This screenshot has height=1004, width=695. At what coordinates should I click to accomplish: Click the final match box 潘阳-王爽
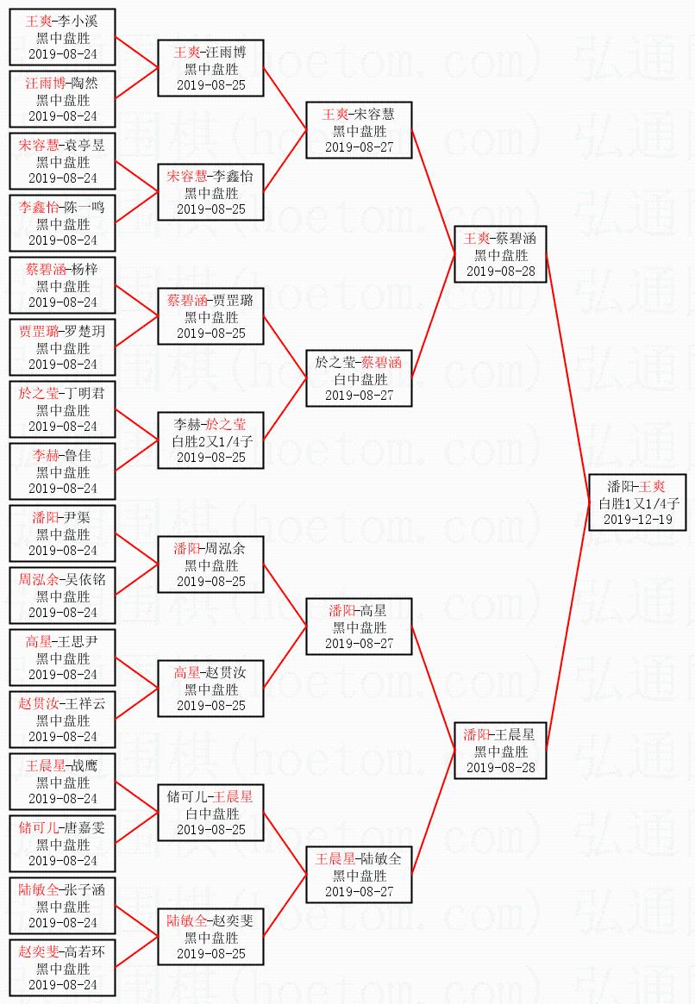click(x=636, y=502)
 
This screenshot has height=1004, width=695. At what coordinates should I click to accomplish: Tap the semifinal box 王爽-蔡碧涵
click(x=500, y=254)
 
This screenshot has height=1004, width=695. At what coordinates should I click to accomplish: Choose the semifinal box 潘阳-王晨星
click(x=500, y=751)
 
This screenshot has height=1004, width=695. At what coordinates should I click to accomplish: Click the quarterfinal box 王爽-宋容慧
click(x=359, y=130)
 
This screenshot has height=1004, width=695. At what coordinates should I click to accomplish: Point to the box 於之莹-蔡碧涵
click(x=359, y=378)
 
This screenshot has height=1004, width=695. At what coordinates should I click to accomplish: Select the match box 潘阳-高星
click(x=359, y=627)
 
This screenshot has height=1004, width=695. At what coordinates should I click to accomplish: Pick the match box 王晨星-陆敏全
click(x=359, y=875)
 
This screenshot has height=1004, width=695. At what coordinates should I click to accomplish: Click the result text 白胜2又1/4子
click(x=211, y=441)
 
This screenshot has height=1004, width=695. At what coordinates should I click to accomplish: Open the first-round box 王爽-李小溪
click(x=62, y=37)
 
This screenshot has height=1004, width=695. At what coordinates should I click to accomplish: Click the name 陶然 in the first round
click(x=84, y=84)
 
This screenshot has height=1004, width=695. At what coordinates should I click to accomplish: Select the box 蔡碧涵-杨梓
click(x=62, y=285)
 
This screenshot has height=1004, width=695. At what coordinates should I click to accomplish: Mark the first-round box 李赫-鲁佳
click(x=62, y=471)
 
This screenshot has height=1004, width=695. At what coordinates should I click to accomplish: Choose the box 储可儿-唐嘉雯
click(x=62, y=844)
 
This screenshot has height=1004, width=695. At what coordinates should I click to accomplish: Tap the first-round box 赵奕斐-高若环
click(x=62, y=968)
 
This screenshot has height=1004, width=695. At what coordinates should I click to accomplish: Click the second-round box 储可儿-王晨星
click(x=210, y=813)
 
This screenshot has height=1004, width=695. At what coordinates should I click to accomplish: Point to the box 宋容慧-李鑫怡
click(x=210, y=192)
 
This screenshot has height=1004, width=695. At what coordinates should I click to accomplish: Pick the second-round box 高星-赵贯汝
click(x=210, y=689)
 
